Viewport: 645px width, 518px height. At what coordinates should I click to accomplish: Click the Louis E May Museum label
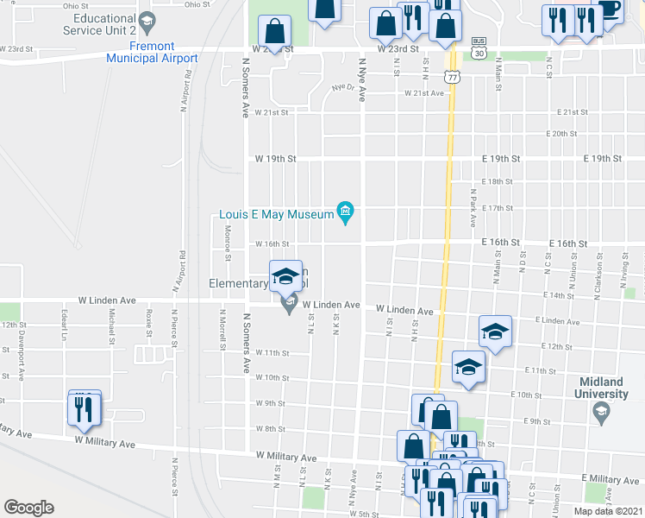click(x=276, y=212)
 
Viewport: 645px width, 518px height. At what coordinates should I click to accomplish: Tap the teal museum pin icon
click(x=345, y=212)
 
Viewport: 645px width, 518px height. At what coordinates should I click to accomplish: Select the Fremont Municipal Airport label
click(x=152, y=52)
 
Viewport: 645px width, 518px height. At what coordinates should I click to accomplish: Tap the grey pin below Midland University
click(x=601, y=414)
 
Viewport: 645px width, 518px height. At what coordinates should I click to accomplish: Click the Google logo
click(x=28, y=508)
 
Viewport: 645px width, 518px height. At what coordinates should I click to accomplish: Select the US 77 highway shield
click(x=452, y=76)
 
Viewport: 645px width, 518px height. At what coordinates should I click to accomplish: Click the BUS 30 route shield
click(x=478, y=48)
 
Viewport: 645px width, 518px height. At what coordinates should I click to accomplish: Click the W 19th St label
click(x=275, y=160)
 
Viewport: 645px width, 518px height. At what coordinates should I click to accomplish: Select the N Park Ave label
click(x=473, y=208)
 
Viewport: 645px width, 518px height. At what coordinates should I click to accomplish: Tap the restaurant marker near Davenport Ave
click(x=85, y=407)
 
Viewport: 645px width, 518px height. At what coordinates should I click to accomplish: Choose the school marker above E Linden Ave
click(x=495, y=333)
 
